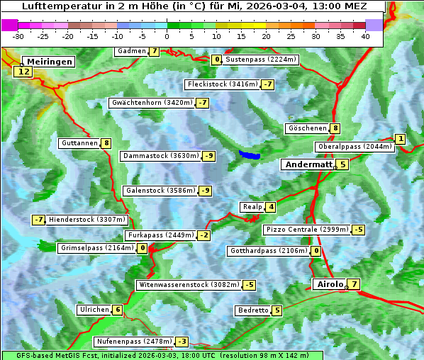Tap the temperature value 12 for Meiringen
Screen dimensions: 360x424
coord(24,72)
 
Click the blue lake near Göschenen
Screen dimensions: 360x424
coord(250,154)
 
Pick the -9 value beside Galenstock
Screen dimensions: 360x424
coord(205,191)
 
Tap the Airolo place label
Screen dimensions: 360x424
coord(329,285)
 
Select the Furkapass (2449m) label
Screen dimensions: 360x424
coord(160,235)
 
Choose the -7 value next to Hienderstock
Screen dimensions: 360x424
coord(38,220)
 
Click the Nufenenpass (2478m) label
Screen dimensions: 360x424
coord(134,342)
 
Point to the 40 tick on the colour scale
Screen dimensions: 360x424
coord(365,35)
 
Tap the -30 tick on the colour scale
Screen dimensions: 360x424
coord(18,35)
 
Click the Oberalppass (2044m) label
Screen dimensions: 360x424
coord(354,147)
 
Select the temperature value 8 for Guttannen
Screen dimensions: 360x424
coord(106,143)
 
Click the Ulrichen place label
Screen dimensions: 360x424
coord(94,310)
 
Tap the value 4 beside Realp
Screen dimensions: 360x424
coord(271,207)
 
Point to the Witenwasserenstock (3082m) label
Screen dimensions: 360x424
coord(188,285)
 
